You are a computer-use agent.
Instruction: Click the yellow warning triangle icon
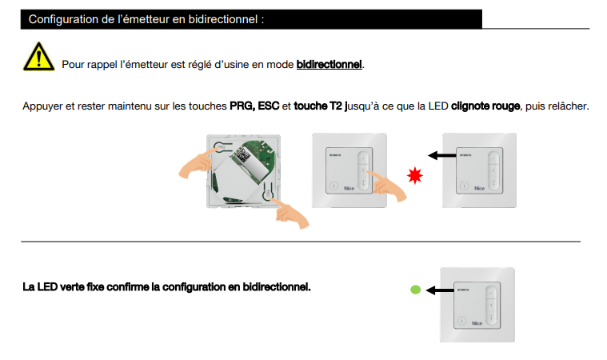(x=38, y=57)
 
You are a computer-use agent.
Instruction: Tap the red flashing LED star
(x=414, y=175)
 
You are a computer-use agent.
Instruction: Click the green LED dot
(x=415, y=290)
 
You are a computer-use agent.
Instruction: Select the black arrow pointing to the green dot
(x=440, y=290)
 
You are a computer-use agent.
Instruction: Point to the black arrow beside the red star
(x=441, y=156)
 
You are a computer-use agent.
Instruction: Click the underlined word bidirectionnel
(x=329, y=64)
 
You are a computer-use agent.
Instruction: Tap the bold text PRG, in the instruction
(x=242, y=106)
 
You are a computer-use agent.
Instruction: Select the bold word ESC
(x=268, y=106)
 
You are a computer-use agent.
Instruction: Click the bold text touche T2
(x=318, y=106)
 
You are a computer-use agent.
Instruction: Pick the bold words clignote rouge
(x=485, y=106)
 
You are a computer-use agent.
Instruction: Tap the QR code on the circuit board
(x=243, y=155)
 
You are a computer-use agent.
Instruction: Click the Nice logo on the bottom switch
(x=477, y=323)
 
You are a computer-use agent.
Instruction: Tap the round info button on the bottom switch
(x=461, y=321)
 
